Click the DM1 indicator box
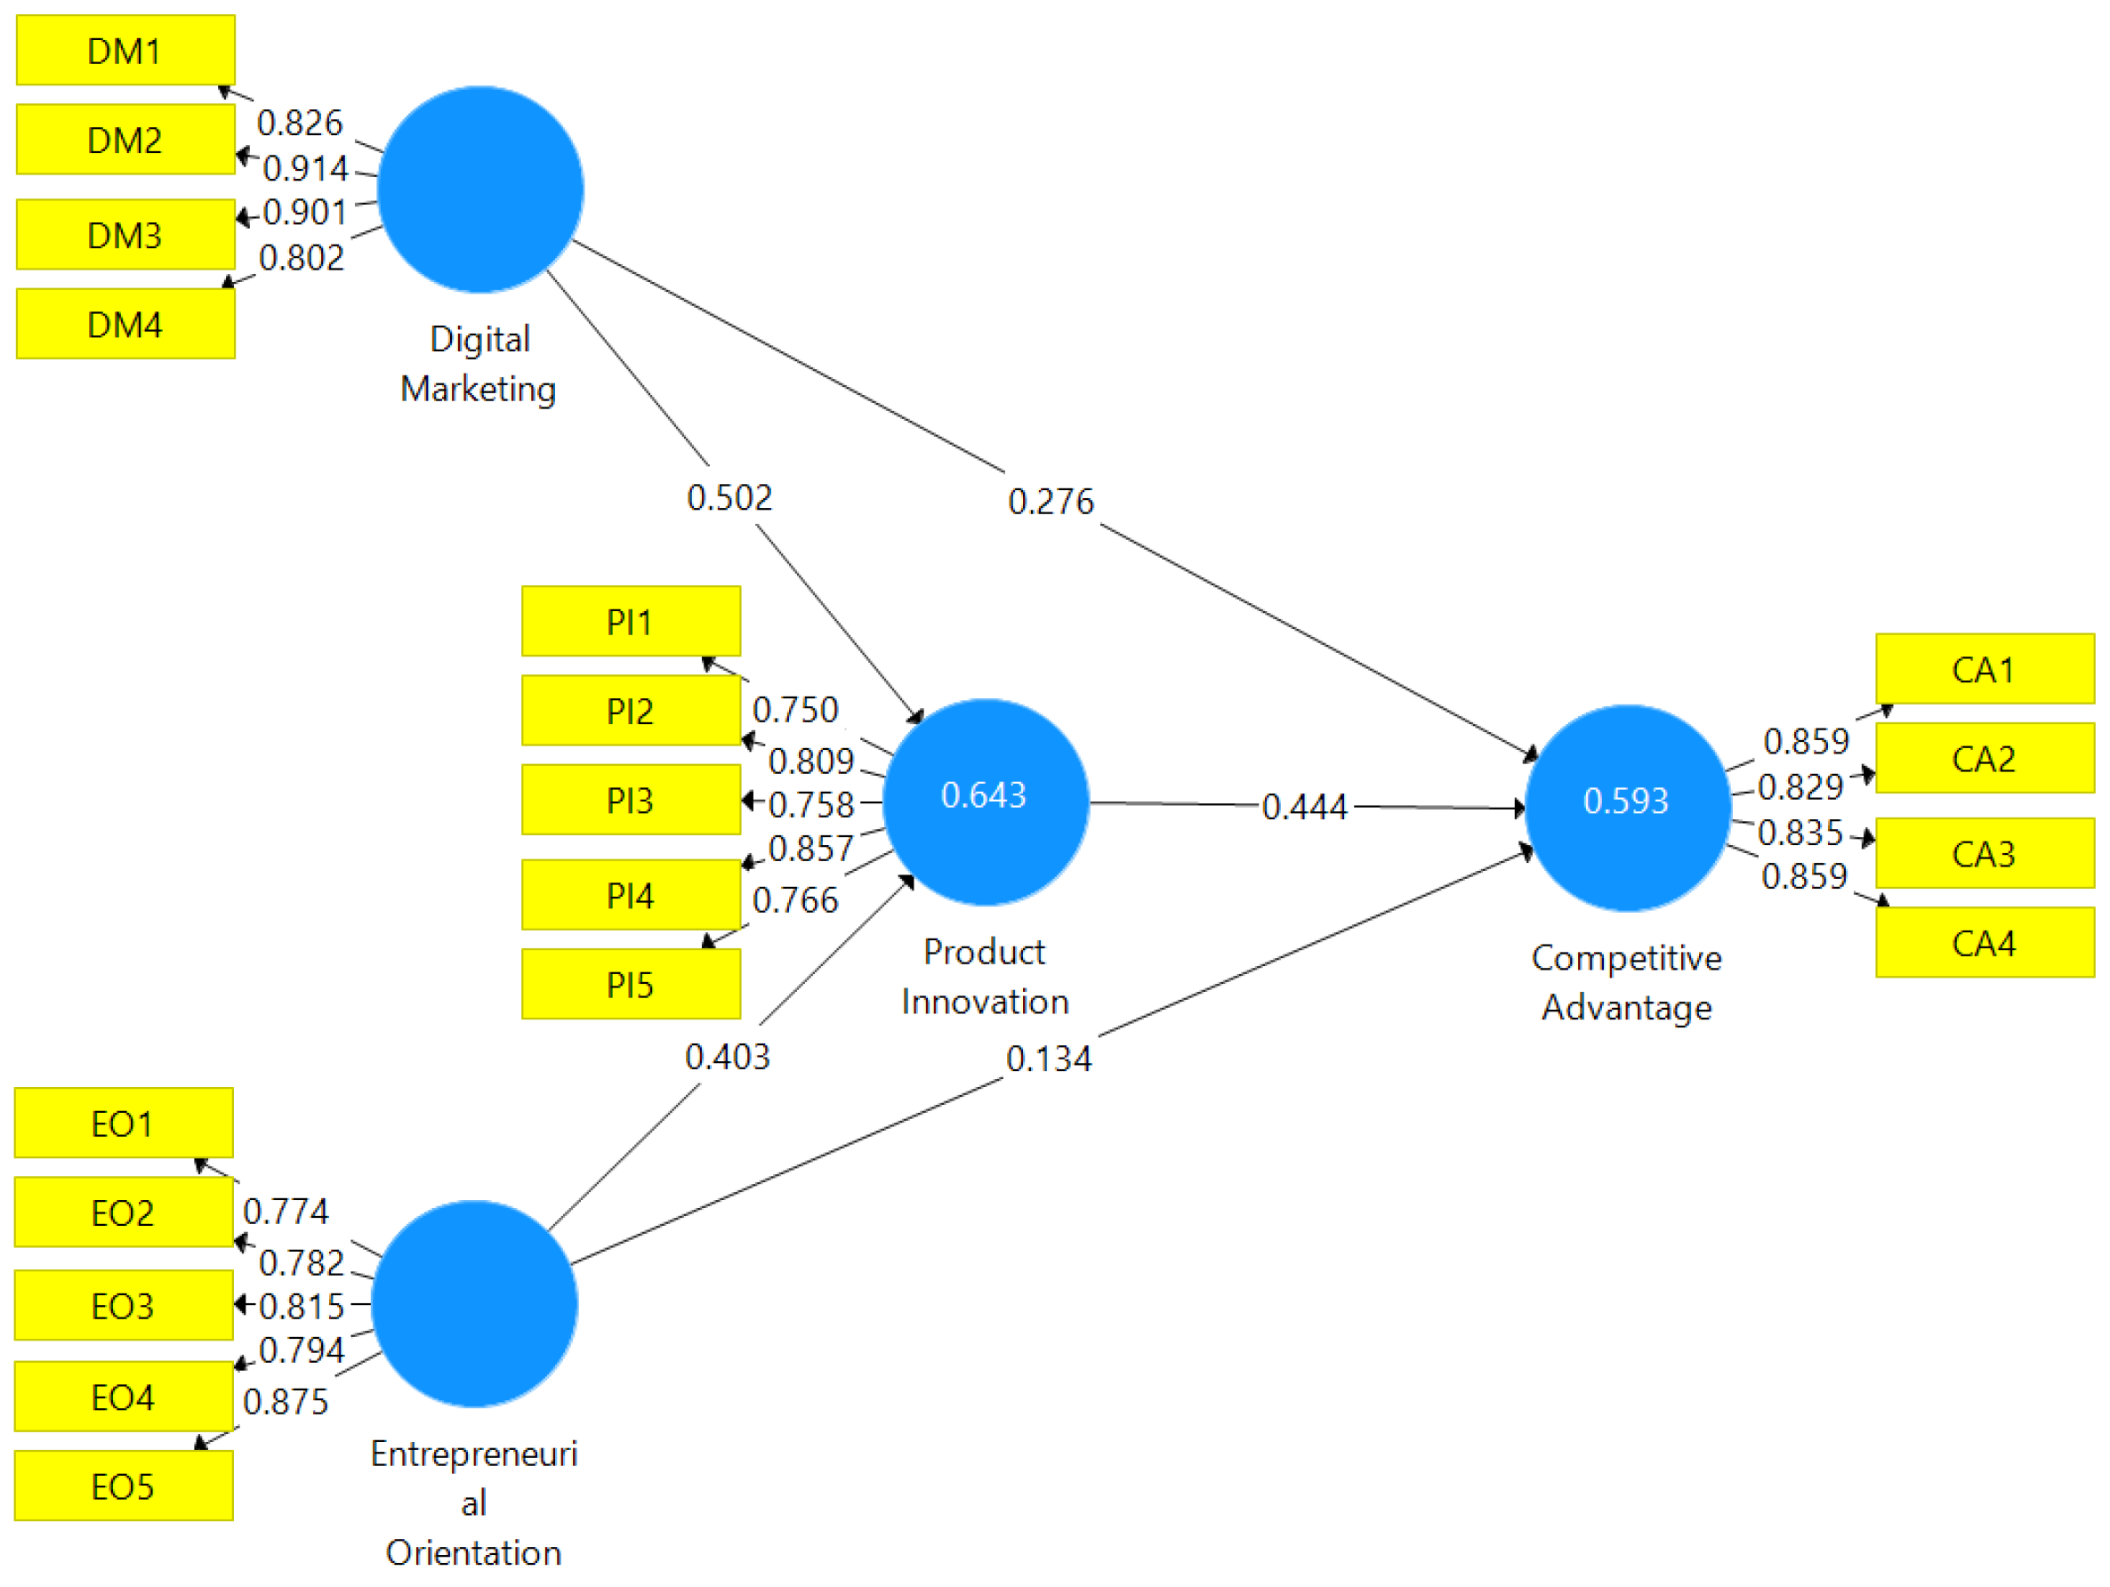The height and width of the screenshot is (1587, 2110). click(x=125, y=51)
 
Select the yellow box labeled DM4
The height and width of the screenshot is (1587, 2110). click(x=125, y=325)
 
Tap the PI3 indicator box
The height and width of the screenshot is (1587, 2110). click(x=631, y=801)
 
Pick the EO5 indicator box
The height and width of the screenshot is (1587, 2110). click(x=123, y=1486)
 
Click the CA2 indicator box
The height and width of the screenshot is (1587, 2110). click(x=1984, y=758)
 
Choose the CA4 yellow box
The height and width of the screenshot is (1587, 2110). click(x=1984, y=943)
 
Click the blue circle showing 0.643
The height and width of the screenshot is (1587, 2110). click(x=986, y=802)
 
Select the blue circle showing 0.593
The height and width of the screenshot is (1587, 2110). click(x=1627, y=808)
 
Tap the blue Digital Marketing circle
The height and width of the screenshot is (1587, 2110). click(x=479, y=189)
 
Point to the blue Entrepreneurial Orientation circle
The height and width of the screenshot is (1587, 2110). click(x=474, y=1304)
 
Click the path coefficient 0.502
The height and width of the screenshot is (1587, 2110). click(x=729, y=497)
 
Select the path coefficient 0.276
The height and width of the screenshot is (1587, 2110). click(x=1051, y=502)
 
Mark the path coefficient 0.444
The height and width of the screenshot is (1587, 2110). click(x=1304, y=807)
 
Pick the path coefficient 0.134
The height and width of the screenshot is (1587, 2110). click(x=1048, y=1059)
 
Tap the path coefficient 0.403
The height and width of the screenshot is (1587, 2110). click(x=727, y=1057)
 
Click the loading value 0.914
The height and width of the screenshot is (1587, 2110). click(x=305, y=169)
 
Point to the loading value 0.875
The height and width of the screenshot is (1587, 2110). click(x=286, y=1402)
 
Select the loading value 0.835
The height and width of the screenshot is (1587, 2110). click(x=1800, y=833)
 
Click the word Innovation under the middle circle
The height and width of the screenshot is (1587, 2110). click(x=985, y=1003)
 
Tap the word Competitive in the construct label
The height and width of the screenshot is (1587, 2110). click(x=1626, y=957)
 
